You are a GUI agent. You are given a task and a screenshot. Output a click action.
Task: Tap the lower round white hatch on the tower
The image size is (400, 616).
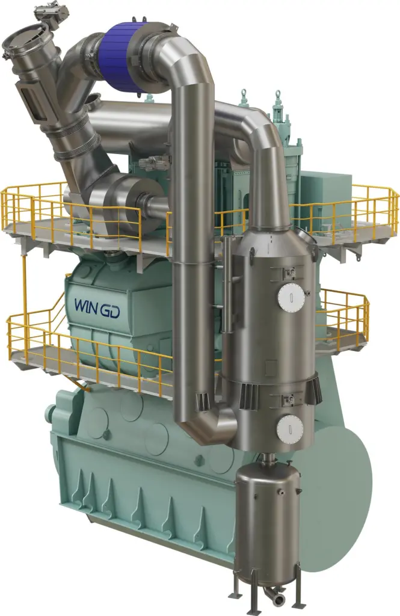coord(289,428)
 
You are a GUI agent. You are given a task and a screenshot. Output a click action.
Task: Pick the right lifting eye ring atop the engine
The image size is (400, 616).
coord(278,94)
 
